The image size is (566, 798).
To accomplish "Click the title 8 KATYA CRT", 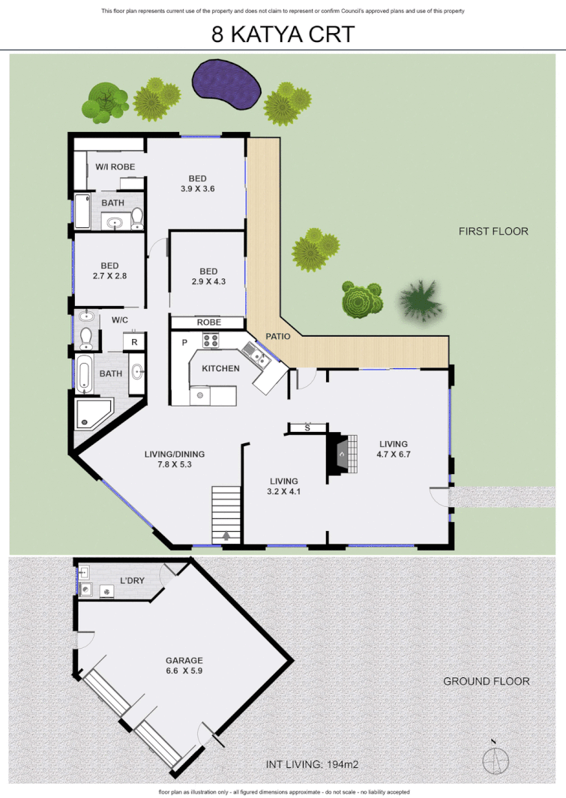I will click(x=283, y=34).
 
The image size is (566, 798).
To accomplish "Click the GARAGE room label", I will click(x=184, y=661).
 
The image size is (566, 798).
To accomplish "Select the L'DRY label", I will click(x=132, y=580).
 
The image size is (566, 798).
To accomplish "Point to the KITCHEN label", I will click(x=220, y=368).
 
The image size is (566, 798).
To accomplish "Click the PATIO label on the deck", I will click(x=278, y=337).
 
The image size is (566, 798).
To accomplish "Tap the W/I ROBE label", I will click(x=114, y=166).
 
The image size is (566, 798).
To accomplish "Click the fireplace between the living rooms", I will click(x=340, y=453).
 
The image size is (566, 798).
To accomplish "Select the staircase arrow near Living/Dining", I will click(x=227, y=535).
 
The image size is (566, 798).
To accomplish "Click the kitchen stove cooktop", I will click(x=210, y=340).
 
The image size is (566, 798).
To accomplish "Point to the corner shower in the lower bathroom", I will click(x=91, y=413).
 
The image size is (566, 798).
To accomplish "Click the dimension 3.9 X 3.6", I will click(x=197, y=189).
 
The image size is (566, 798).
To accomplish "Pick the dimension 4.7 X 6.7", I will click(x=394, y=454).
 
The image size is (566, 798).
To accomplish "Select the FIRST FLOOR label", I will click(x=493, y=231).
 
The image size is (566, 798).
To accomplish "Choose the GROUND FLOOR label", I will click(x=486, y=681).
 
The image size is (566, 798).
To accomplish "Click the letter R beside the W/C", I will click(x=134, y=342).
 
